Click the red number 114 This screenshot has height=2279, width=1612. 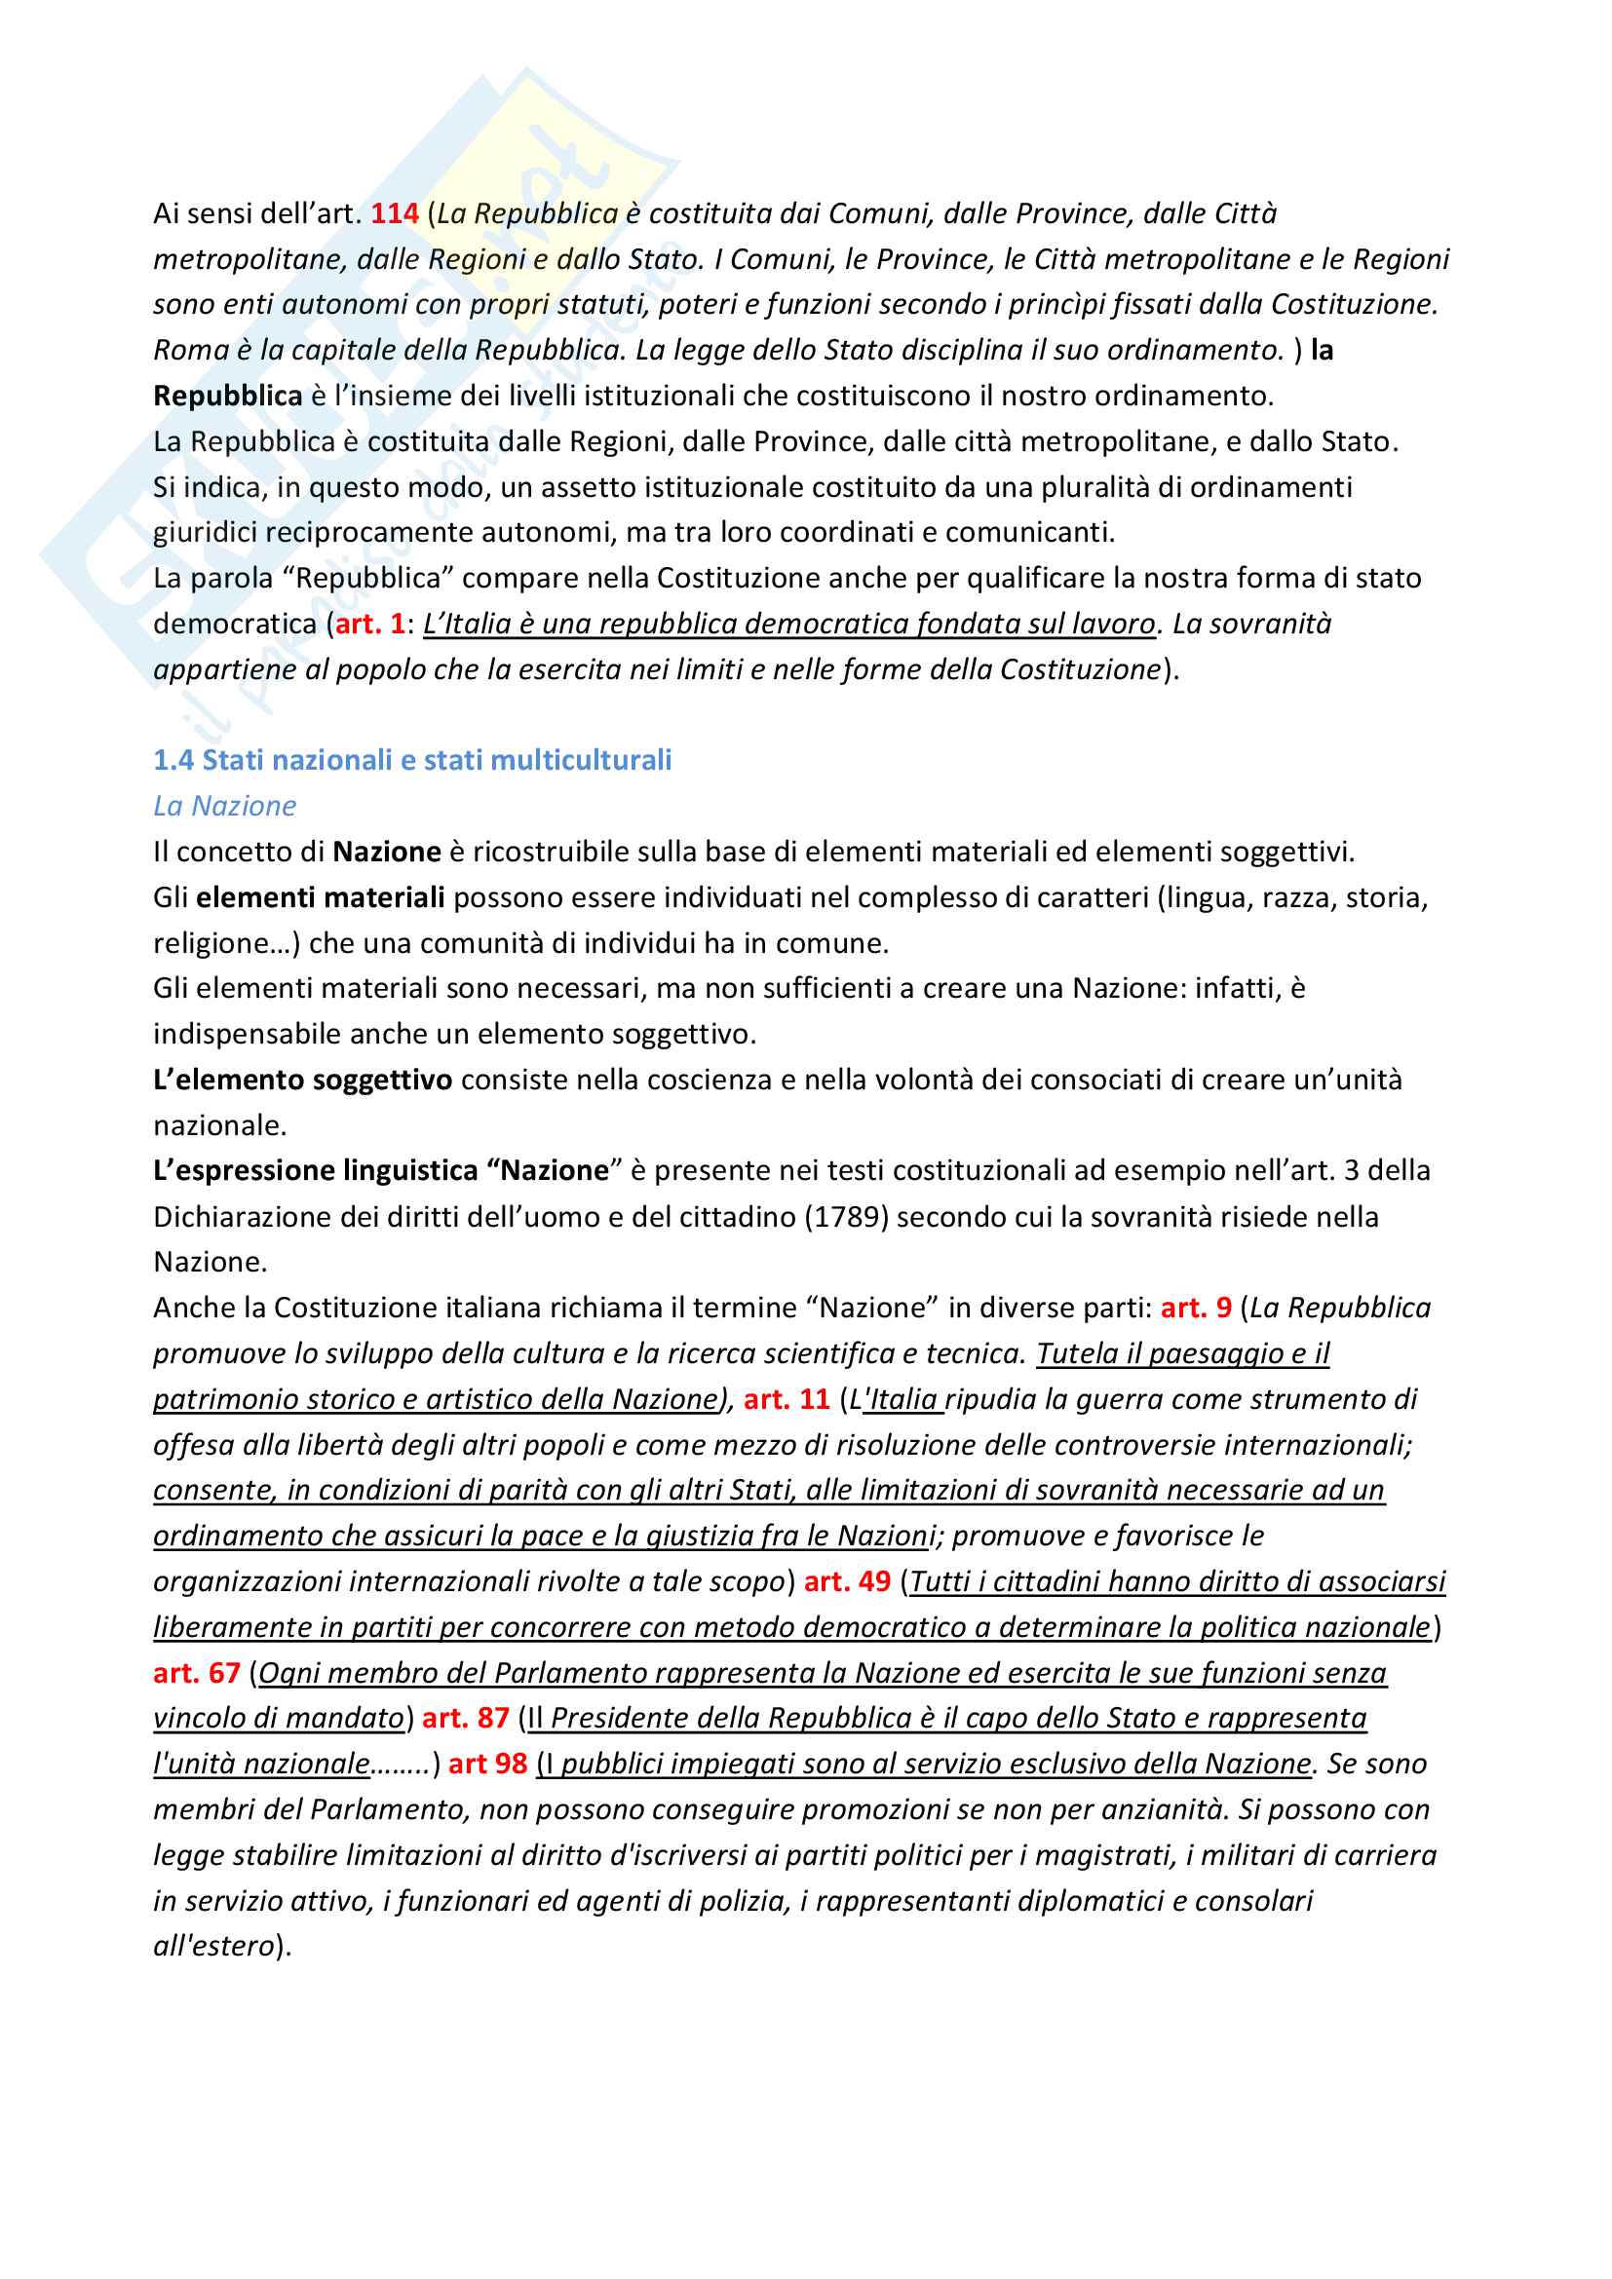394,213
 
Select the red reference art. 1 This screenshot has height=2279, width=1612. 369,624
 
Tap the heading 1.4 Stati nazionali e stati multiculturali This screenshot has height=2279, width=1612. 412,760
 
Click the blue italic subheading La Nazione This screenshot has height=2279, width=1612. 224,806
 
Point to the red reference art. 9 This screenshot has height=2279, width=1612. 1195,1308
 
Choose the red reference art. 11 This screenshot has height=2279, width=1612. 787,1398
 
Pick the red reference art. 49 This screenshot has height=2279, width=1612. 847,1581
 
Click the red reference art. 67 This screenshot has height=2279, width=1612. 197,1673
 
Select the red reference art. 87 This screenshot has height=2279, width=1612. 466,1718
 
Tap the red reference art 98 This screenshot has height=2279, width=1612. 487,1764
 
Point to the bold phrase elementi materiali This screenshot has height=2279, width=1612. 320,897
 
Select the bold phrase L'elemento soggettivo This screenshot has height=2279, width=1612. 303,1080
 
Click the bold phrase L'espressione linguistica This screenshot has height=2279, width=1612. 316,1170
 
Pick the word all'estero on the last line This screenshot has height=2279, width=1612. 213,1947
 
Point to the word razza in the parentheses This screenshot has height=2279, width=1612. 1298,897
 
